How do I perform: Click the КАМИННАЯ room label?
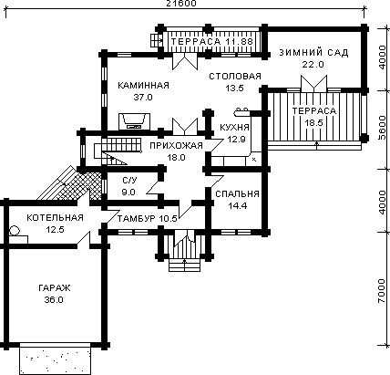143,85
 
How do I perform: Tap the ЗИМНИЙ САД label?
313,52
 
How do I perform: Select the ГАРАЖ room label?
55,287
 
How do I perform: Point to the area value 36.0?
54,300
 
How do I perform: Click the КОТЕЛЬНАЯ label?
55,218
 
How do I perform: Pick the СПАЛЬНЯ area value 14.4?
238,206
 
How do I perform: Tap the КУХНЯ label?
234,128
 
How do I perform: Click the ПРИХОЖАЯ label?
176,145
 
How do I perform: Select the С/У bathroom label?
129,181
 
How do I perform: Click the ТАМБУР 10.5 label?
147,218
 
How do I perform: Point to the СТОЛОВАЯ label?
235,76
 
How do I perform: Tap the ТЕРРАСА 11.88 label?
211,41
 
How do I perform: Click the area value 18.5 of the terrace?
313,123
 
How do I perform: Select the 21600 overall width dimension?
181,4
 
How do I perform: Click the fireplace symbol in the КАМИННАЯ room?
134,121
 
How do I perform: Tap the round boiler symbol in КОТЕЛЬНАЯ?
15,231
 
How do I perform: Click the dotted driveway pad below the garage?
56,359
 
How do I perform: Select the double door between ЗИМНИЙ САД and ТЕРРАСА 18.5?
313,84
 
